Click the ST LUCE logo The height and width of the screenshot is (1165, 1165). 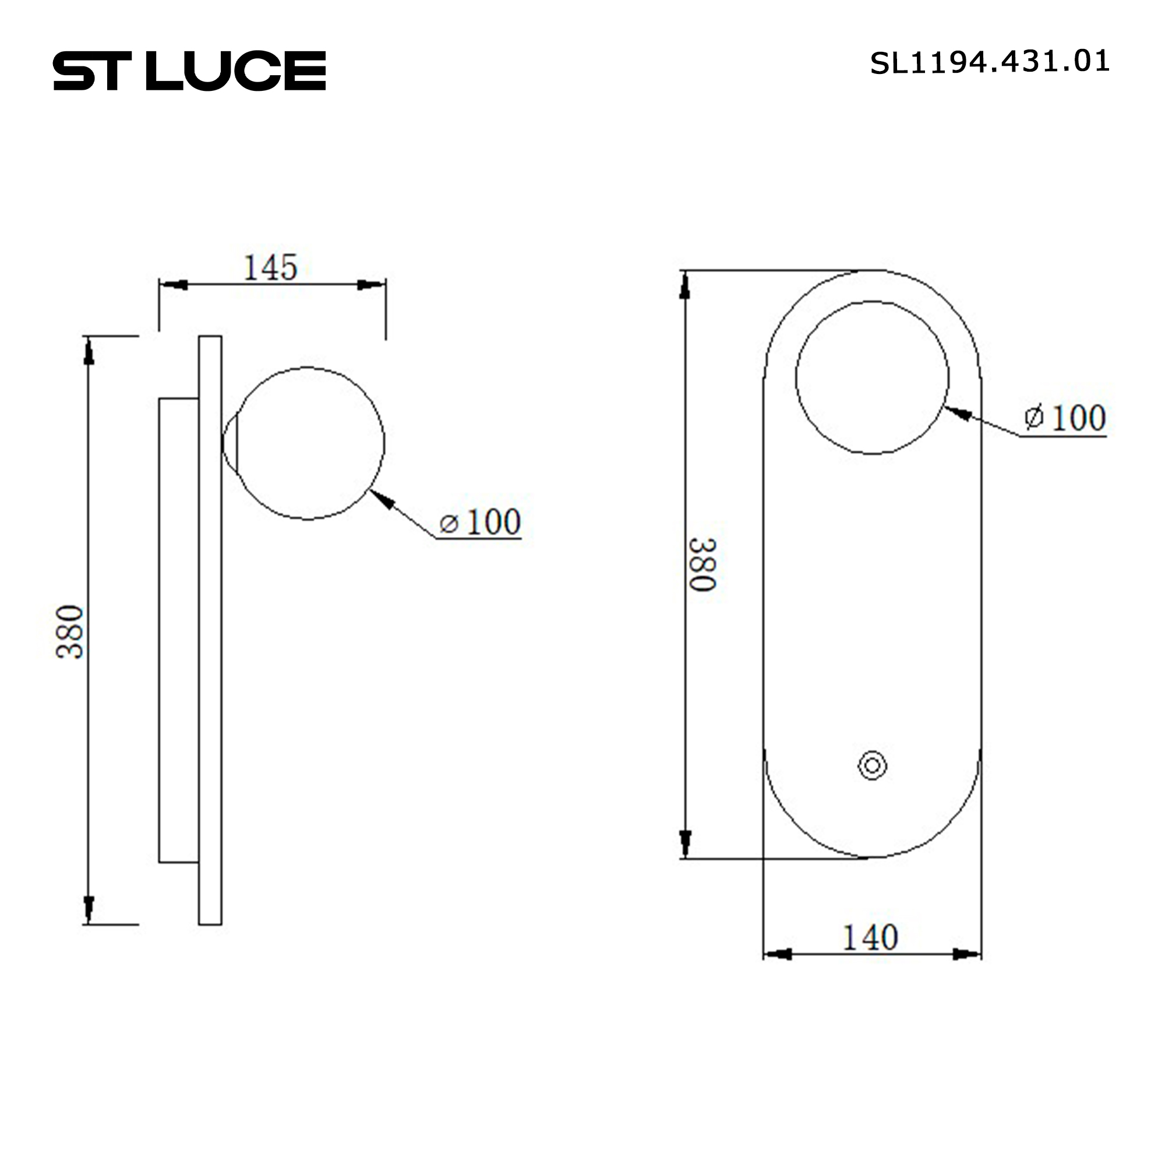click(189, 70)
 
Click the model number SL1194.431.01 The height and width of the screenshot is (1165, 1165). click(989, 62)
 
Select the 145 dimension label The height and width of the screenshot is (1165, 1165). click(270, 268)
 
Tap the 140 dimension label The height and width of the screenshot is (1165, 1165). click(870, 938)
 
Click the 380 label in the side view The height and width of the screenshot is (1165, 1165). click(70, 631)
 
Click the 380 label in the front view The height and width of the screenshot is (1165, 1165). click(702, 564)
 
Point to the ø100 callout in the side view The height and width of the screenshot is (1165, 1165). click(480, 522)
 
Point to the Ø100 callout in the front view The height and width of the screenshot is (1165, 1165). click(1065, 418)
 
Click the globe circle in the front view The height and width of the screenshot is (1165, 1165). click(871, 377)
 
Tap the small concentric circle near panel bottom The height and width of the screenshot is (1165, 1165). click(872, 766)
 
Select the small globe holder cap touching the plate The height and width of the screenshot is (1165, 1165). click(230, 444)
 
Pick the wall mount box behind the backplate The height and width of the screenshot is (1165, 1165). click(178, 630)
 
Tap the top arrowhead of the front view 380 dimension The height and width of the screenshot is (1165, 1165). click(684, 286)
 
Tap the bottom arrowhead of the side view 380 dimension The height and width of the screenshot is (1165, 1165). click(89, 908)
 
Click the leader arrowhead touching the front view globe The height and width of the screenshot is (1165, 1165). click(958, 413)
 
